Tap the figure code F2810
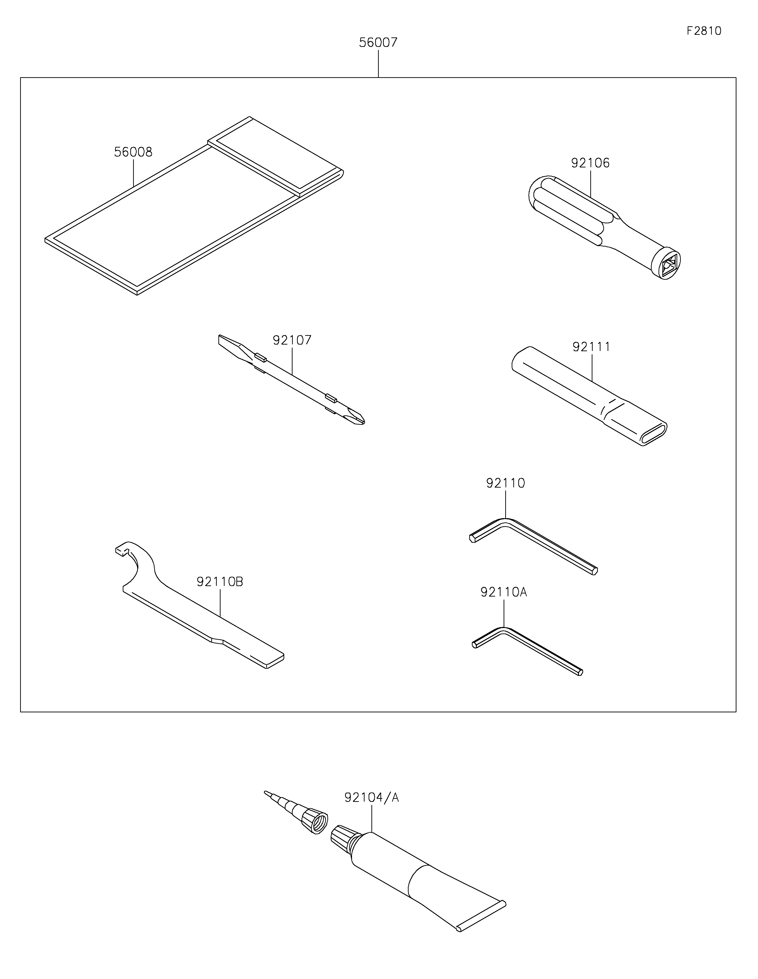pyautogui.click(x=704, y=31)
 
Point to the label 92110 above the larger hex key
pyautogui.click(x=505, y=483)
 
